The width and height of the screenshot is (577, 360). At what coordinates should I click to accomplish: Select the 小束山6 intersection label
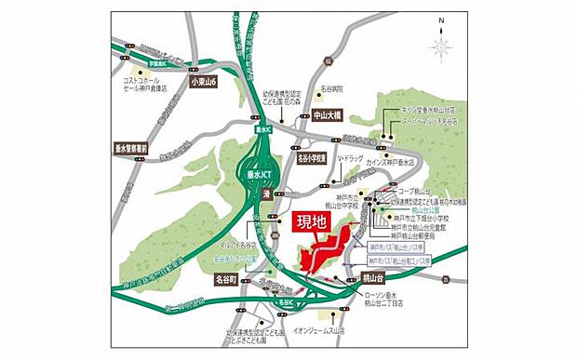click(x=202, y=82)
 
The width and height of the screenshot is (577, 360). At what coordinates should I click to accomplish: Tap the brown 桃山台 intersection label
click(x=370, y=277)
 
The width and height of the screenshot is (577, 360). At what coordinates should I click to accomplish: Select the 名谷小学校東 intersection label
click(x=314, y=159)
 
